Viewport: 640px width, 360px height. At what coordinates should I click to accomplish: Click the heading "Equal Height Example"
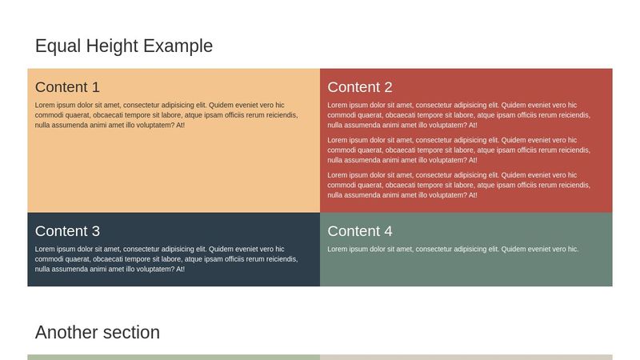[124, 46]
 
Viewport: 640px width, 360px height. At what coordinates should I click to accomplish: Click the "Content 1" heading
[67, 87]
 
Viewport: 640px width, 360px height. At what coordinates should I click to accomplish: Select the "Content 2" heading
[360, 87]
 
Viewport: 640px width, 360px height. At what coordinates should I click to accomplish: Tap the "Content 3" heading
[67, 231]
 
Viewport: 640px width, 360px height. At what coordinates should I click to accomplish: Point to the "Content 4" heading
[360, 231]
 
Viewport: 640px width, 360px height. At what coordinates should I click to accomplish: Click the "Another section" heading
[98, 333]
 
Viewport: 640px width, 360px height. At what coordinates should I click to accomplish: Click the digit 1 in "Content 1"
[95, 87]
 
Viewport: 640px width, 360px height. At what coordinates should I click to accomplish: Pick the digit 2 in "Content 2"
[388, 87]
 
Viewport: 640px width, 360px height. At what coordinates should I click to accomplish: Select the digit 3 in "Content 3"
[95, 231]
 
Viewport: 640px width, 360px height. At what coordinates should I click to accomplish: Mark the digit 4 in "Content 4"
[388, 231]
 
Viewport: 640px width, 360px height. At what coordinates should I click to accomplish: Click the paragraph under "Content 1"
[166, 115]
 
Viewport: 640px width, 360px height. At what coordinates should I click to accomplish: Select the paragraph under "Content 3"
[166, 259]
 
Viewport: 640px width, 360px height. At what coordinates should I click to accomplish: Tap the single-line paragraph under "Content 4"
[453, 250]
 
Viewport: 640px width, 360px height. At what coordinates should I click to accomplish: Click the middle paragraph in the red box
[459, 150]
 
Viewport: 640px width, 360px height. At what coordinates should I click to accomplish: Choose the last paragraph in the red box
[459, 185]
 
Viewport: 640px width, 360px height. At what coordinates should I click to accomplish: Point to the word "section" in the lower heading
[131, 333]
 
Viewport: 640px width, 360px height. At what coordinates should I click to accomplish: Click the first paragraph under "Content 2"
[459, 115]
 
